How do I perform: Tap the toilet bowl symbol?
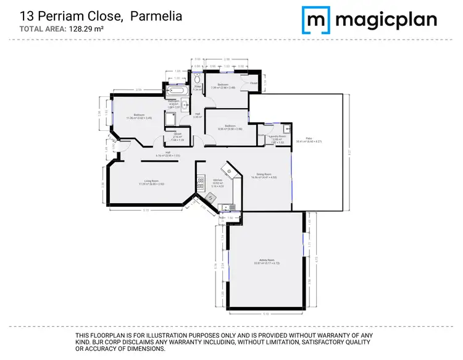click(x=196, y=80)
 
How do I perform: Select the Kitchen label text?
click(x=216, y=181)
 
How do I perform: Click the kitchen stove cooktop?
click(x=200, y=183)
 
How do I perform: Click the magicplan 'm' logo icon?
click(x=315, y=20)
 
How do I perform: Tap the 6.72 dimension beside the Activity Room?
click(x=315, y=260)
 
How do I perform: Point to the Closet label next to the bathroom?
click(x=254, y=83)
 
